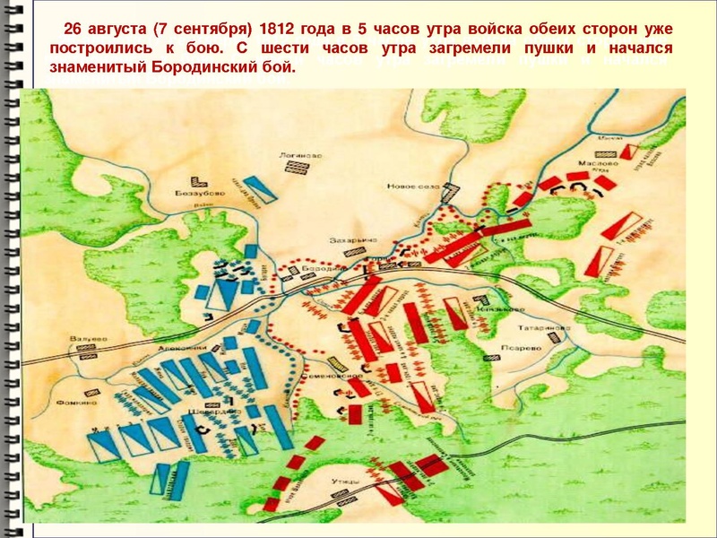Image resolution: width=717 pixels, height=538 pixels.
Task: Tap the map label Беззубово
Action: [208, 193]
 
